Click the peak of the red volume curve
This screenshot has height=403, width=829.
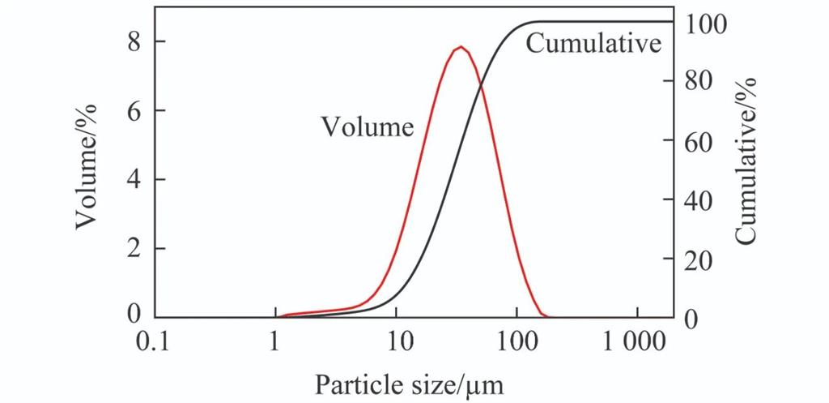click(x=461, y=47)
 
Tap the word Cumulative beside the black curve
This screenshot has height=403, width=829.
click(x=593, y=43)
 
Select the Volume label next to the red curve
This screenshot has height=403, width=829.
click(x=367, y=126)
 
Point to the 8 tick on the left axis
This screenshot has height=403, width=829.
click(x=135, y=41)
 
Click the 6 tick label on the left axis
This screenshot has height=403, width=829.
click(x=135, y=110)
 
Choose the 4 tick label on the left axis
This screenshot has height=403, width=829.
click(x=135, y=179)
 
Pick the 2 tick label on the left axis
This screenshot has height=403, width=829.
click(x=135, y=248)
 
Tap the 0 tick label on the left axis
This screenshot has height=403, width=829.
click(x=135, y=315)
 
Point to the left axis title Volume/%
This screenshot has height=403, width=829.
click(x=87, y=165)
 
